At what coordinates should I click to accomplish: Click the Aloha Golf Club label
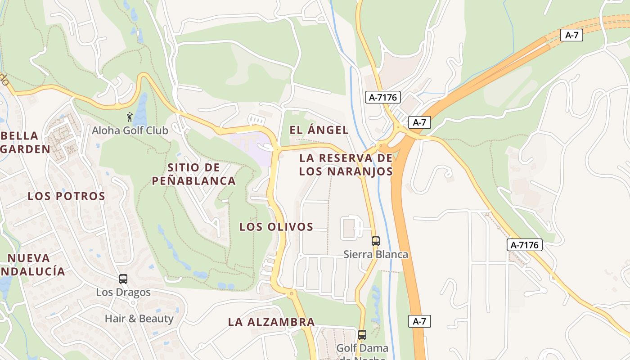[x=130, y=130]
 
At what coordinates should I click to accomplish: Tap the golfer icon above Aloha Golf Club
[x=130, y=117]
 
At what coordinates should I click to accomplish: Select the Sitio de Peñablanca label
[x=193, y=174]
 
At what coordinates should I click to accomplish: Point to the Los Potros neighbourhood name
[x=66, y=196]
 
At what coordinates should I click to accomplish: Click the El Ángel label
[x=319, y=130]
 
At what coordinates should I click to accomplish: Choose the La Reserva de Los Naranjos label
[x=346, y=165]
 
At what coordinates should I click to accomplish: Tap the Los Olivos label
[x=276, y=227]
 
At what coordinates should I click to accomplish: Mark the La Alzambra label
[x=271, y=322]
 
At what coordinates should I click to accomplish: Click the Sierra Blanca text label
[x=376, y=254]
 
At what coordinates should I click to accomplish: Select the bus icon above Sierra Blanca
[x=376, y=241]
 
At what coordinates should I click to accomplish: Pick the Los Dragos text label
[x=123, y=292]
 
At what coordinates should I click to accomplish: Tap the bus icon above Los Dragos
[x=123, y=279]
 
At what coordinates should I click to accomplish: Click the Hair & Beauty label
[x=139, y=319]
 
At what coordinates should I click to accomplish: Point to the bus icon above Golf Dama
[x=362, y=335]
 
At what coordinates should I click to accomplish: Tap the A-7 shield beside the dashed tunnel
[x=571, y=35]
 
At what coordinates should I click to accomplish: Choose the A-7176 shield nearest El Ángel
[x=382, y=97]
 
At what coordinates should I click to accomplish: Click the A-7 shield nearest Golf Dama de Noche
[x=419, y=321]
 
